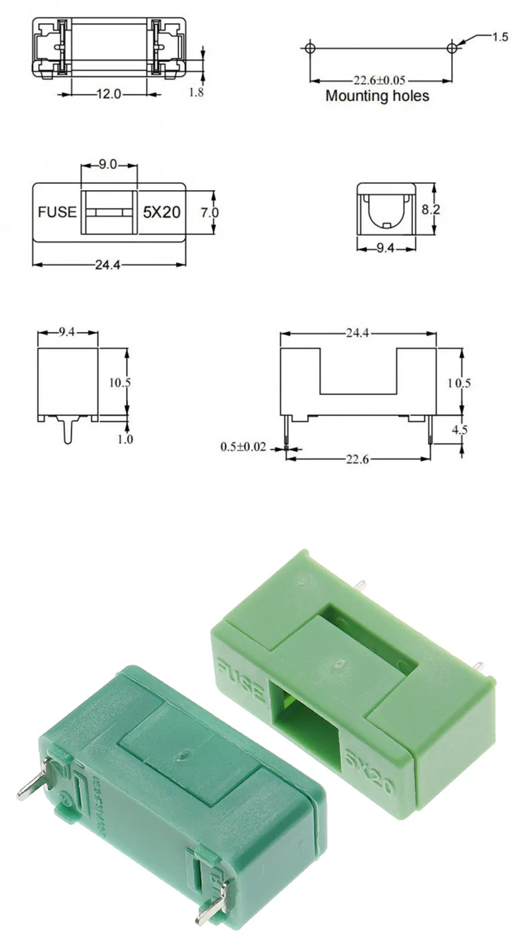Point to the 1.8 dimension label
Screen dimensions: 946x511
[196, 92]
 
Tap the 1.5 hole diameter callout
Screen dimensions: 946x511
[501, 37]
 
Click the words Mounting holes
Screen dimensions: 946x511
[377, 96]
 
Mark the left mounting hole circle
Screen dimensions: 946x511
[310, 48]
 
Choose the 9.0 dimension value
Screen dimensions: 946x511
[108, 164]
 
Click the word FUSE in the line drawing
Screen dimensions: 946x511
[57, 212]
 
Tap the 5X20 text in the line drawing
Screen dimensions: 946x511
[161, 212]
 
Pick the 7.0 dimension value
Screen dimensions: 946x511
[210, 212]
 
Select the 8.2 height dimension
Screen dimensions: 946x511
[431, 210]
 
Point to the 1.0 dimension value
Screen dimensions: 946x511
[125, 440]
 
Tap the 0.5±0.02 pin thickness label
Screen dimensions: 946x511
[244, 447]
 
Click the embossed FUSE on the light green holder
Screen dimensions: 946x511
[241, 678]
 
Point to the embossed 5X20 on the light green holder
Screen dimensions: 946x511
[369, 772]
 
